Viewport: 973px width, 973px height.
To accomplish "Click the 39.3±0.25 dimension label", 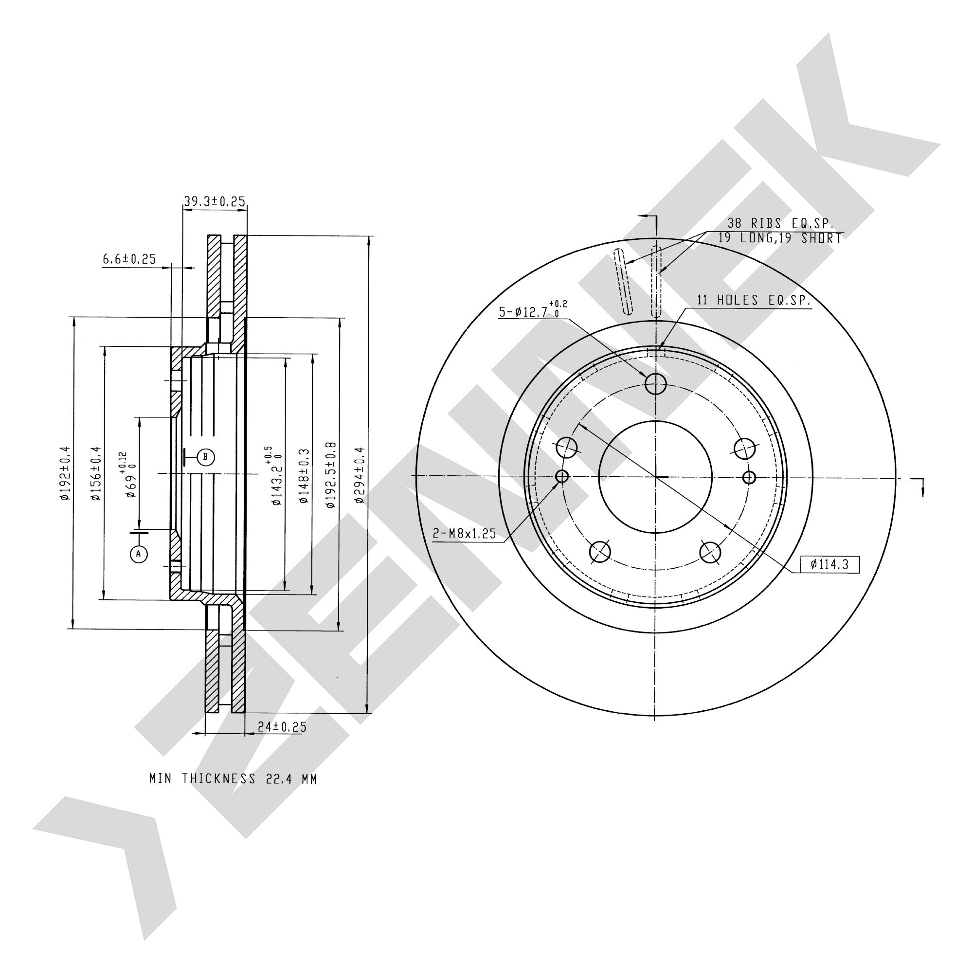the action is coord(214,202).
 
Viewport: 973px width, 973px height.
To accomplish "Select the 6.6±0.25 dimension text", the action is coord(129,259).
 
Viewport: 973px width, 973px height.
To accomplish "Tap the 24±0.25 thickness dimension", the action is coord(282,727).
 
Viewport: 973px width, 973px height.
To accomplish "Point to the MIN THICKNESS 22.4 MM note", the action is coord(233,778).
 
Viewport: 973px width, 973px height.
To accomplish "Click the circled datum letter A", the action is coord(139,554).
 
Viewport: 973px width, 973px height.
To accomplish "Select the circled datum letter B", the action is coord(205,457).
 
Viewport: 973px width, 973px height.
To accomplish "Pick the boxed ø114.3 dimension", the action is coord(829,564).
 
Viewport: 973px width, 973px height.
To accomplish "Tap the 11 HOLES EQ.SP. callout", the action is coord(754,301).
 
